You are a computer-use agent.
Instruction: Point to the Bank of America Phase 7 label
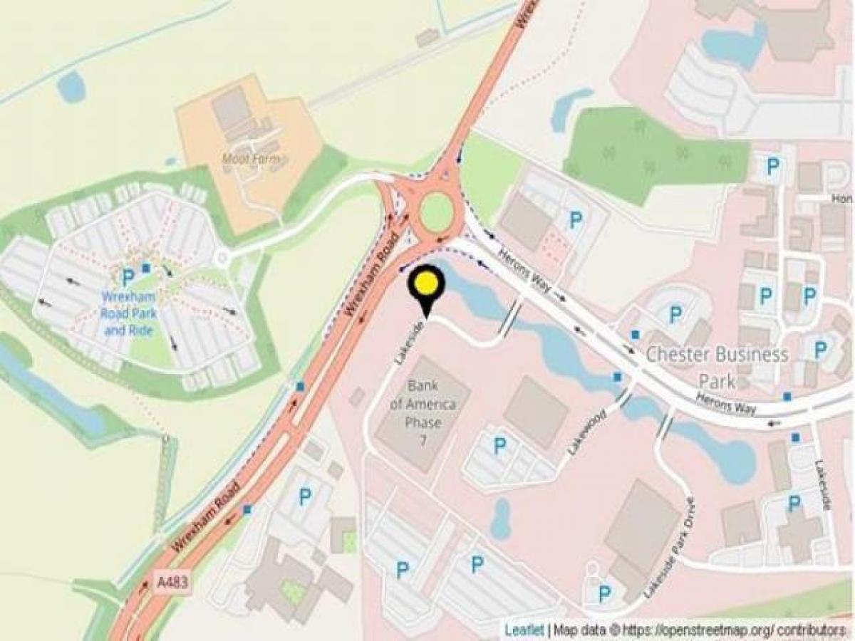(x=423, y=414)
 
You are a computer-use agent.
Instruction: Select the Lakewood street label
(x=586, y=432)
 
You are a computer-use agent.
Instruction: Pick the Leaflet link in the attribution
(x=524, y=630)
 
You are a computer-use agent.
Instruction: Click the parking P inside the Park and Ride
(x=128, y=276)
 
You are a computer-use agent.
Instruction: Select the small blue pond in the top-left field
(x=71, y=87)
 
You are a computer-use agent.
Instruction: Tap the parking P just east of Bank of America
(x=500, y=446)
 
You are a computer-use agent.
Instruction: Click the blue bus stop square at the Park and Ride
(x=146, y=268)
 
